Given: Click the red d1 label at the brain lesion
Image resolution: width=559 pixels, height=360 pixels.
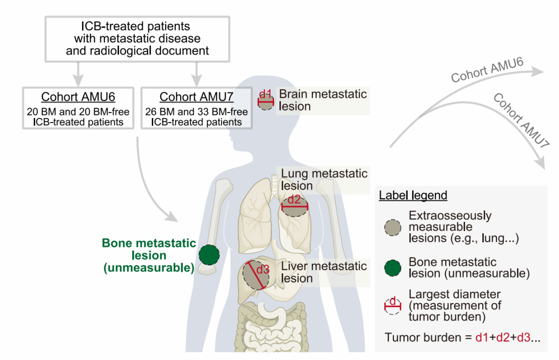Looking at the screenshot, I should pos(265,94).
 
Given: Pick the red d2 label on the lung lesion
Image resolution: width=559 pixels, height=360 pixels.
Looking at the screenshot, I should pos(294,200).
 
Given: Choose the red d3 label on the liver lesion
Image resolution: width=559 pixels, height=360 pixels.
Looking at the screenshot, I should pos(263,269).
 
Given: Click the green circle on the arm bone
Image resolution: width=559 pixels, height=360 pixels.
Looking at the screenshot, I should pos(209,255).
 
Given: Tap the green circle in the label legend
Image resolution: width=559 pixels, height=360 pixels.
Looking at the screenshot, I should pos(393,268).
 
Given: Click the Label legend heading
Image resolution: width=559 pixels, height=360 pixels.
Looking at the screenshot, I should pos(413,196).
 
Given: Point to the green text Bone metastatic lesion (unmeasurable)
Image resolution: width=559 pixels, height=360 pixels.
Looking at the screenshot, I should pos(149,256).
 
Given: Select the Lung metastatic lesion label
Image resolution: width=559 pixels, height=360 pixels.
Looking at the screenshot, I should pos(324,179).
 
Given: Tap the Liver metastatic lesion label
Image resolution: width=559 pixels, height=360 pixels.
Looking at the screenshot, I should pos(324,272).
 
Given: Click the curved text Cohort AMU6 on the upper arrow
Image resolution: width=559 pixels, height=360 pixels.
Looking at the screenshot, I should pos(487,70).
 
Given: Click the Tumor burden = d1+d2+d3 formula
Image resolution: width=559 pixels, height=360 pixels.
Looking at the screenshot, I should pos(462,338).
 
